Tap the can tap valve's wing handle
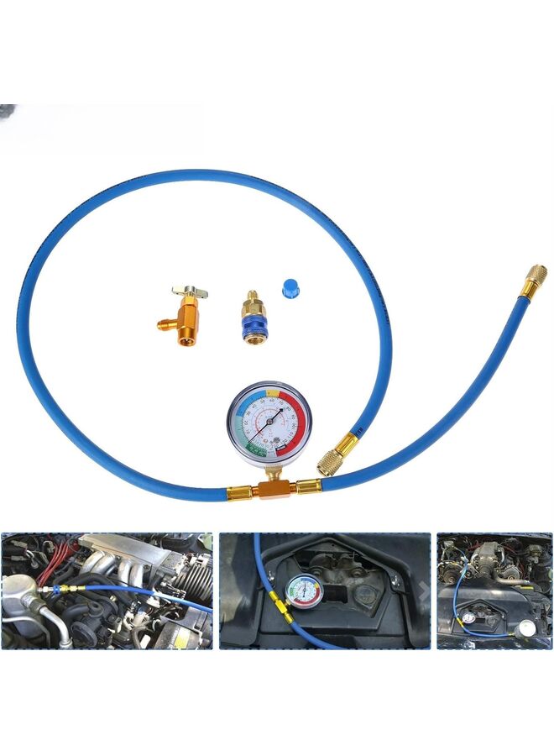(x=191, y=292)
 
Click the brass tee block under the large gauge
(x=270, y=487)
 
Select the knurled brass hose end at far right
(x=534, y=280)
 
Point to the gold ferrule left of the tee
(x=240, y=492)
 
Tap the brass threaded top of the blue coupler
(x=249, y=300)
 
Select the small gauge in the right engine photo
(x=467, y=617)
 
